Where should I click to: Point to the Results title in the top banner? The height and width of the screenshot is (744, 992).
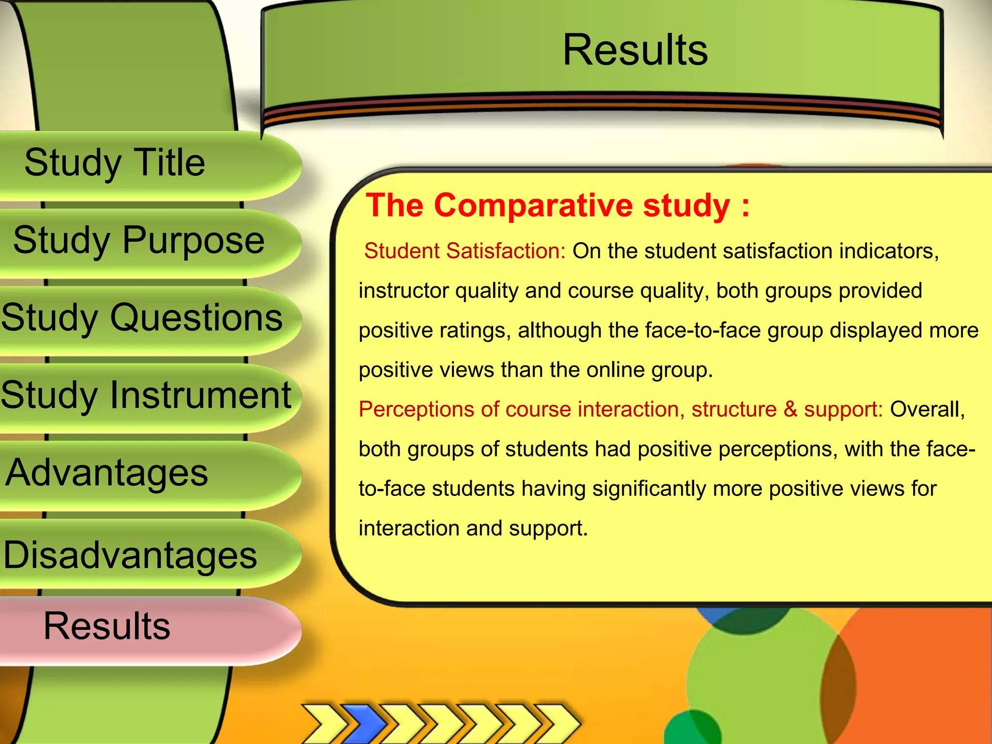click(635, 50)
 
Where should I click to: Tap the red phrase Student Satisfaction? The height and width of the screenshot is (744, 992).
click(465, 251)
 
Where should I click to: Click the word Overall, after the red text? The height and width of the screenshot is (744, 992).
click(927, 409)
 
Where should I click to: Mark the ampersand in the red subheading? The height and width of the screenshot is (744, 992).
click(790, 409)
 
